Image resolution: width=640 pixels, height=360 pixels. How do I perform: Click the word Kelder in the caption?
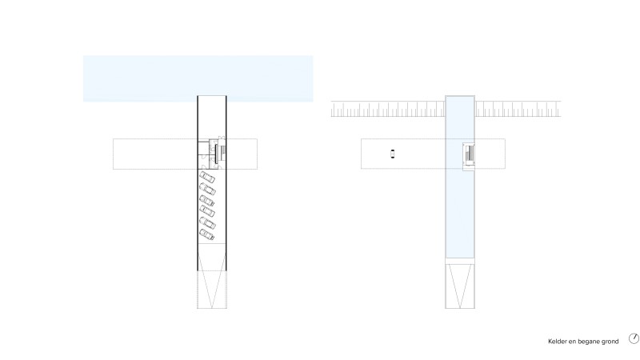(557, 342)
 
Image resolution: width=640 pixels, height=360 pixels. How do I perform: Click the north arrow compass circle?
(634, 338)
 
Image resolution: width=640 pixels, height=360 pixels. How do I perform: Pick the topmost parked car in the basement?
(207, 177)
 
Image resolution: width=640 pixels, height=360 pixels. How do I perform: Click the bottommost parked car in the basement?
(207, 234)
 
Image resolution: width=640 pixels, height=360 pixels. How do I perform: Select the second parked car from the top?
(207, 189)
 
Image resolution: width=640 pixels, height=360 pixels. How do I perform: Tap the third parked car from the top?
(207, 201)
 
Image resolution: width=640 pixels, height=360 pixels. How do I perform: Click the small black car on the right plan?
(393, 154)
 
